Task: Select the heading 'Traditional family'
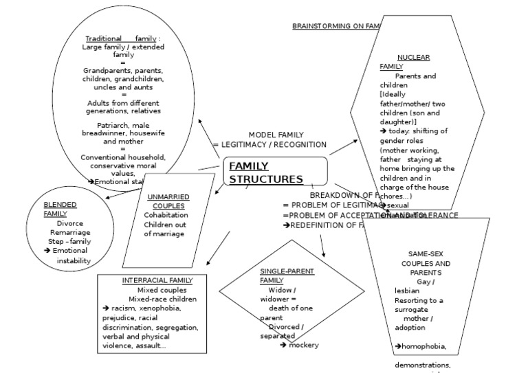[x=120, y=38]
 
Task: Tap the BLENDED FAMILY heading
[x=60, y=209]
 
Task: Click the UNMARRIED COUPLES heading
[x=168, y=201]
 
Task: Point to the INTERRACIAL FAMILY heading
[x=157, y=280]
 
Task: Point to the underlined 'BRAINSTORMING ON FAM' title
[x=335, y=26]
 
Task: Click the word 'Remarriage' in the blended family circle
[x=69, y=232]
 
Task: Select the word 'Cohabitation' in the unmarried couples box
[x=166, y=214]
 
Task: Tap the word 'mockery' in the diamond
[x=304, y=345]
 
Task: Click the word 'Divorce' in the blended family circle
[x=70, y=223]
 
